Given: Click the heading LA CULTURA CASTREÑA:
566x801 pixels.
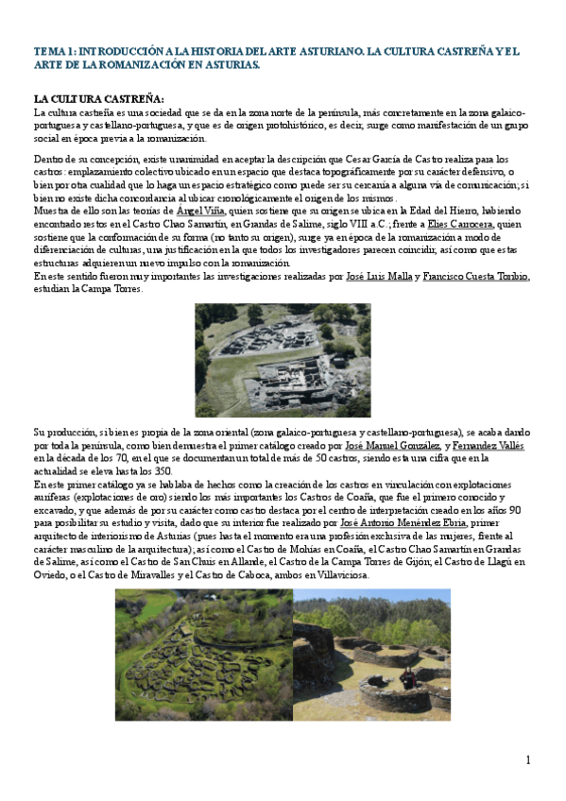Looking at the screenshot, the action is pyautogui.click(x=98, y=99).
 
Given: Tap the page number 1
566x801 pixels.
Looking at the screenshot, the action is pyautogui.click(x=528, y=759).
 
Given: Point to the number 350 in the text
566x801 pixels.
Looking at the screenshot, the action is pyautogui.click(x=162, y=470).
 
